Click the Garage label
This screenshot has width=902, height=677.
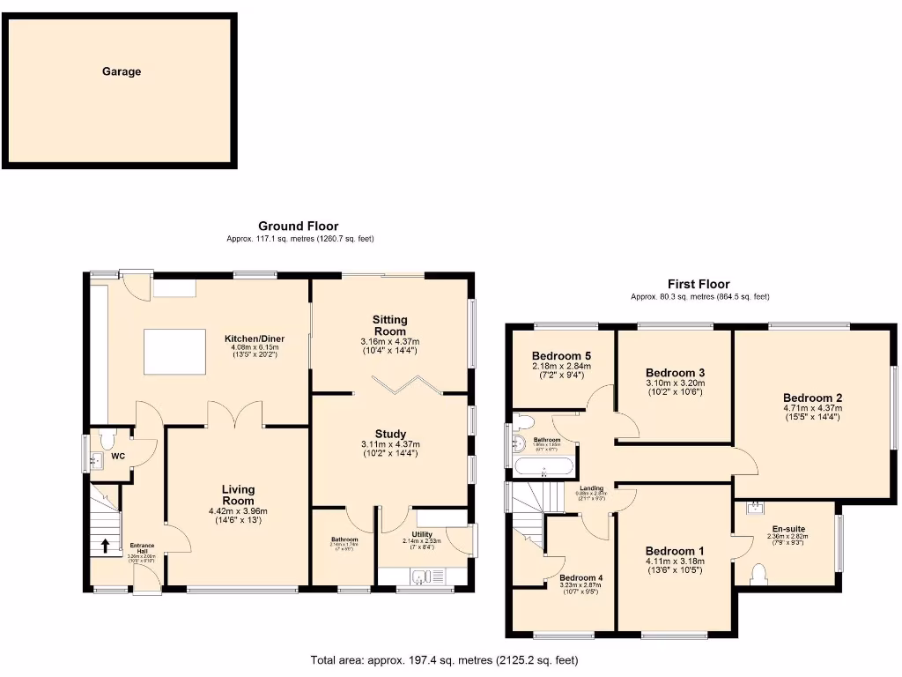click(x=122, y=71)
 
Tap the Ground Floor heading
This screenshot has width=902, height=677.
click(x=298, y=227)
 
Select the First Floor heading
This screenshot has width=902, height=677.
click(x=699, y=284)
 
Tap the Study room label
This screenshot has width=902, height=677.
click(x=389, y=434)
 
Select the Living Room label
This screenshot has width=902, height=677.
click(x=238, y=495)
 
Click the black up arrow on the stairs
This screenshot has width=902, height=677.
click(x=106, y=546)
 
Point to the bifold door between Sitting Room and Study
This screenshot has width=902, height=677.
click(x=403, y=383)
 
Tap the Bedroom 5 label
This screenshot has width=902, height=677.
click(x=560, y=355)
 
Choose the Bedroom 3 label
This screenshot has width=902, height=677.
click(x=675, y=372)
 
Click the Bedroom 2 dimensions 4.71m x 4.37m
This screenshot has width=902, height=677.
click(x=812, y=408)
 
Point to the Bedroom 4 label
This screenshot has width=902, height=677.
click(x=579, y=578)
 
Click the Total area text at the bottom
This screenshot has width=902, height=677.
click(x=445, y=659)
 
